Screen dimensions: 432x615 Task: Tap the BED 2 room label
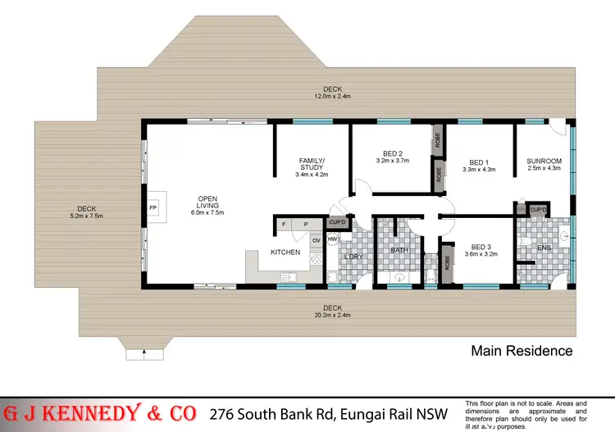(x=393, y=153)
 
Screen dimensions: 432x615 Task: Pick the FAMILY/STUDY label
(x=312, y=163)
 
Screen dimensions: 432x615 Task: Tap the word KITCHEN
(x=285, y=252)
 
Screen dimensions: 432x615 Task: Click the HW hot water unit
(x=333, y=239)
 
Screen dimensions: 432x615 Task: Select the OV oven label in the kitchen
(x=316, y=239)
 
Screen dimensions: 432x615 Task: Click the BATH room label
(x=399, y=250)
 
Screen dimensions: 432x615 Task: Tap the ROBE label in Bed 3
(x=447, y=262)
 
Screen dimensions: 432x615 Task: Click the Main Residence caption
(x=522, y=351)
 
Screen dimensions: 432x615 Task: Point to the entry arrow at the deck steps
(x=145, y=355)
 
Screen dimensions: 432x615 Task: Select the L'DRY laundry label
(x=353, y=257)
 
